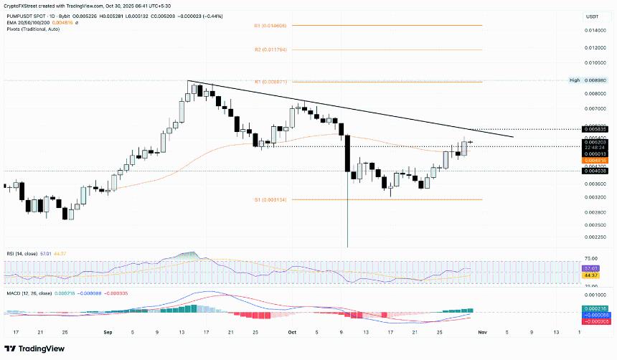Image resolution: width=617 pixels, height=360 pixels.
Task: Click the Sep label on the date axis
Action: click(108, 332)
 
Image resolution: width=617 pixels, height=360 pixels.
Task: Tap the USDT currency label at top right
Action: click(592, 16)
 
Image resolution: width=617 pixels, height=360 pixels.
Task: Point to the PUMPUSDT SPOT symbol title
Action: click(25, 14)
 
